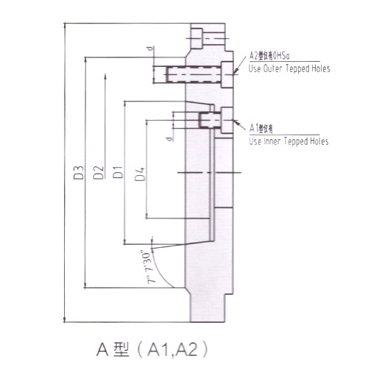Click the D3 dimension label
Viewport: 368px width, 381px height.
(77, 176)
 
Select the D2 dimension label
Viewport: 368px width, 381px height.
(97, 176)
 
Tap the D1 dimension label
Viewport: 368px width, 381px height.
(116, 176)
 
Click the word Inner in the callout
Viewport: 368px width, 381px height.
(274, 140)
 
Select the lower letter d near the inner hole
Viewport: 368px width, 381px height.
(169, 137)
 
